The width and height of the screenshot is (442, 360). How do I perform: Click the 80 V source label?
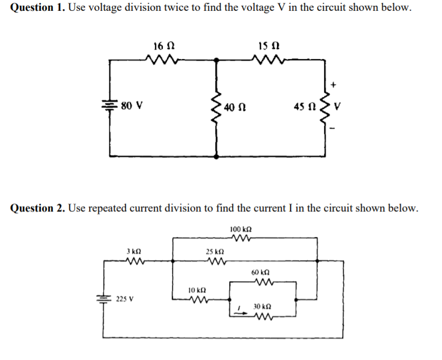[x=132, y=105]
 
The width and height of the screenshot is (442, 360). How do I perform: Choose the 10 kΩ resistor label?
[x=195, y=290]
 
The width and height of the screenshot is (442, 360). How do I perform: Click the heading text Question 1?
[x=34, y=9]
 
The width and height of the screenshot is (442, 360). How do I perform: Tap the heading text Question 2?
[x=34, y=208]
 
